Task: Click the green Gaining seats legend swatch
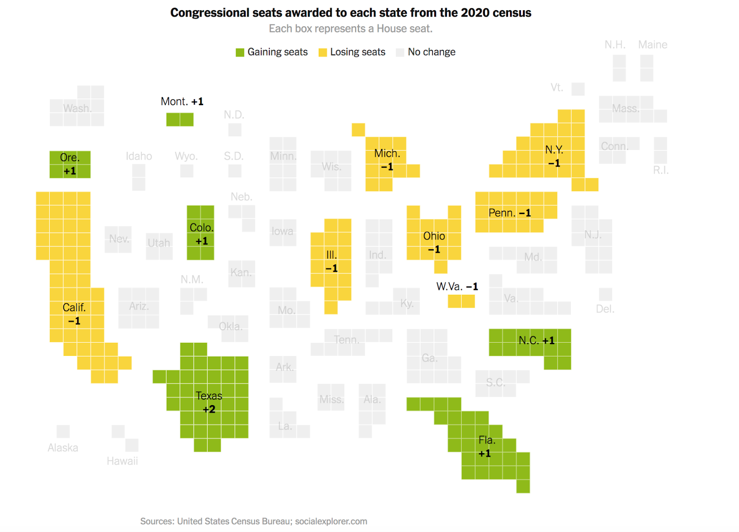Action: tap(240, 53)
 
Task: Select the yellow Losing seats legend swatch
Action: tap(323, 53)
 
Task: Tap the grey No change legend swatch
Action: tap(400, 53)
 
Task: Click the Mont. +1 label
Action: tap(182, 102)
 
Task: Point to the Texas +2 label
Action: tap(209, 402)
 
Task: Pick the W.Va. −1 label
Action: tap(457, 287)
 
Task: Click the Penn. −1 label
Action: tap(509, 213)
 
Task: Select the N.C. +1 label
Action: tap(536, 341)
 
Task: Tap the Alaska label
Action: tap(63, 448)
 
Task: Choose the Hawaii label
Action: tap(122, 461)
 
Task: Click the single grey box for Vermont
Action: tap(578, 89)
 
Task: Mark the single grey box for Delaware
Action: tap(606, 294)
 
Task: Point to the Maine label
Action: tap(653, 45)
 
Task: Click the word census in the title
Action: tap(512, 13)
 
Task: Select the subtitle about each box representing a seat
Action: tap(351, 29)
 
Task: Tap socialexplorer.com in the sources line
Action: tap(331, 521)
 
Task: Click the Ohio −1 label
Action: tap(434, 243)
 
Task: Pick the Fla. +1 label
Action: tap(486, 447)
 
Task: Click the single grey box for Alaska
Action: tap(63, 431)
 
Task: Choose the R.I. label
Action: tap(660, 170)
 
